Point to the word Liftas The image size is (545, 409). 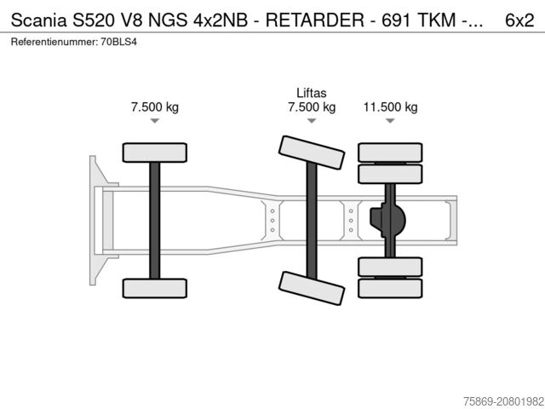[312, 93]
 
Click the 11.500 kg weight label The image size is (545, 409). [390, 107]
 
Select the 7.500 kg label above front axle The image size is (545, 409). [154, 107]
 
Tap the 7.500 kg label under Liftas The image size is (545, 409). [312, 107]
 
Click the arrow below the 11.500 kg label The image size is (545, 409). [390, 122]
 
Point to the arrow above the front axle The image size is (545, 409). [154, 122]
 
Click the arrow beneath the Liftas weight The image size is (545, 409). [312, 122]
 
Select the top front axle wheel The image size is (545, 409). [154, 153]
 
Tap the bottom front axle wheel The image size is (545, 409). [154, 288]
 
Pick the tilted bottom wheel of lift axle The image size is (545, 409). [312, 289]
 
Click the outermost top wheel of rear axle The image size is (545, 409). [390, 153]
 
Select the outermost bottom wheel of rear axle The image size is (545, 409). [390, 288]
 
